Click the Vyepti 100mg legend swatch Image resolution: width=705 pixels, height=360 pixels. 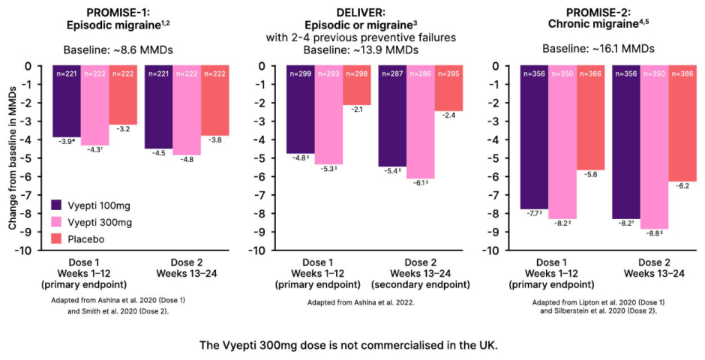click(x=58, y=203)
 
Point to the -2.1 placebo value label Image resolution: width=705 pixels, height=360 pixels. click(x=357, y=109)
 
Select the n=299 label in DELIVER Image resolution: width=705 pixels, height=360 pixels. click(x=300, y=73)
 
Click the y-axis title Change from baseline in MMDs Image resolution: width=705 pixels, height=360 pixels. click(x=13, y=157)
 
